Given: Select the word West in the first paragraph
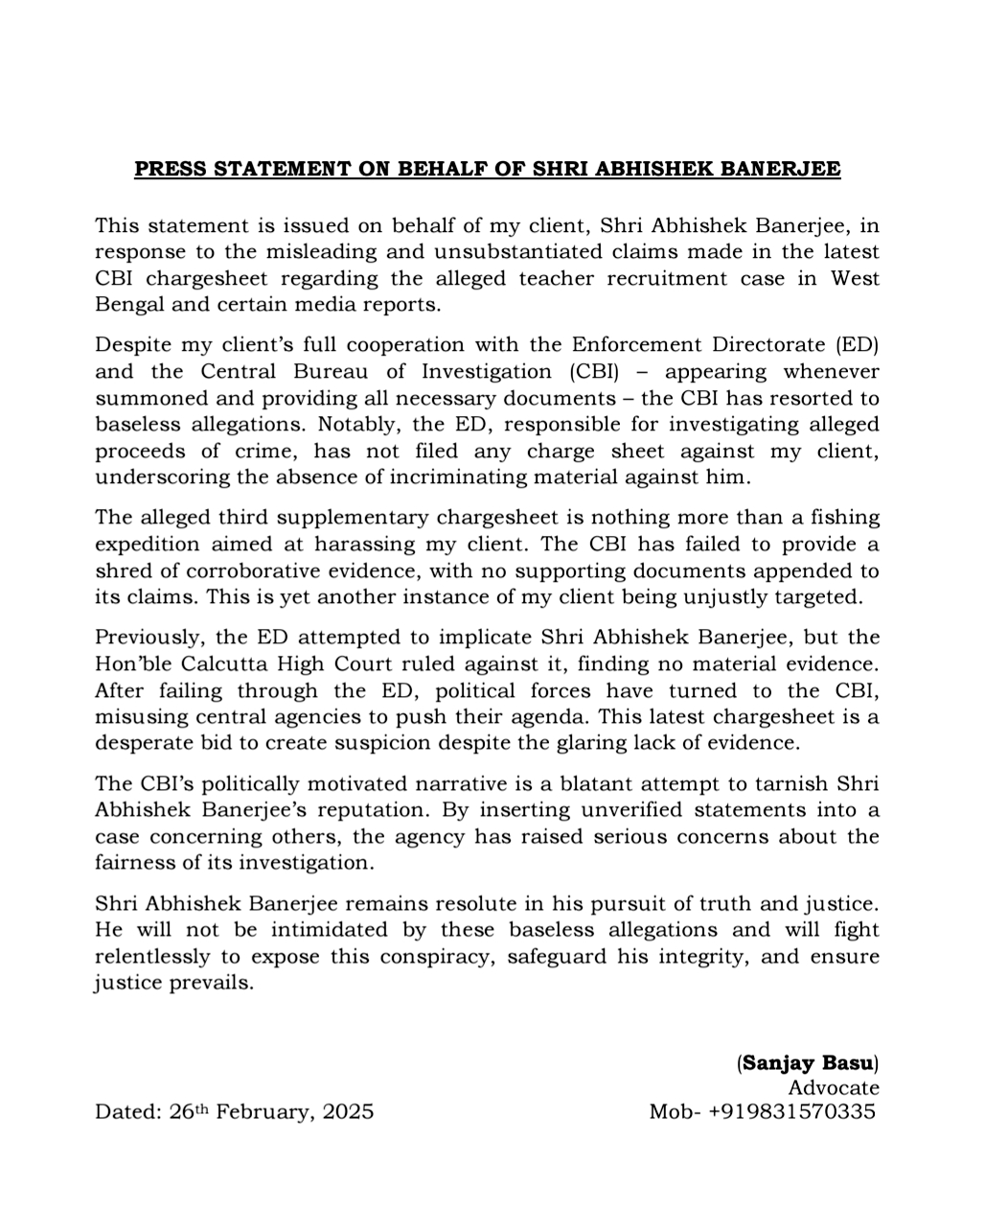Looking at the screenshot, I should [855, 279].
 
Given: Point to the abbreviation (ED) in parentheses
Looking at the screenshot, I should [857, 344].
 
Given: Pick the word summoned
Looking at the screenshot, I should [146, 398].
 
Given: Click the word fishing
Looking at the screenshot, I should [839, 518].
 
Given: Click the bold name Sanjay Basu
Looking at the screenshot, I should [808, 1062].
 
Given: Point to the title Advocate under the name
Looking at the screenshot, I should [833, 1087].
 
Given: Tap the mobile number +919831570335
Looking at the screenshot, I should [791, 1112].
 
